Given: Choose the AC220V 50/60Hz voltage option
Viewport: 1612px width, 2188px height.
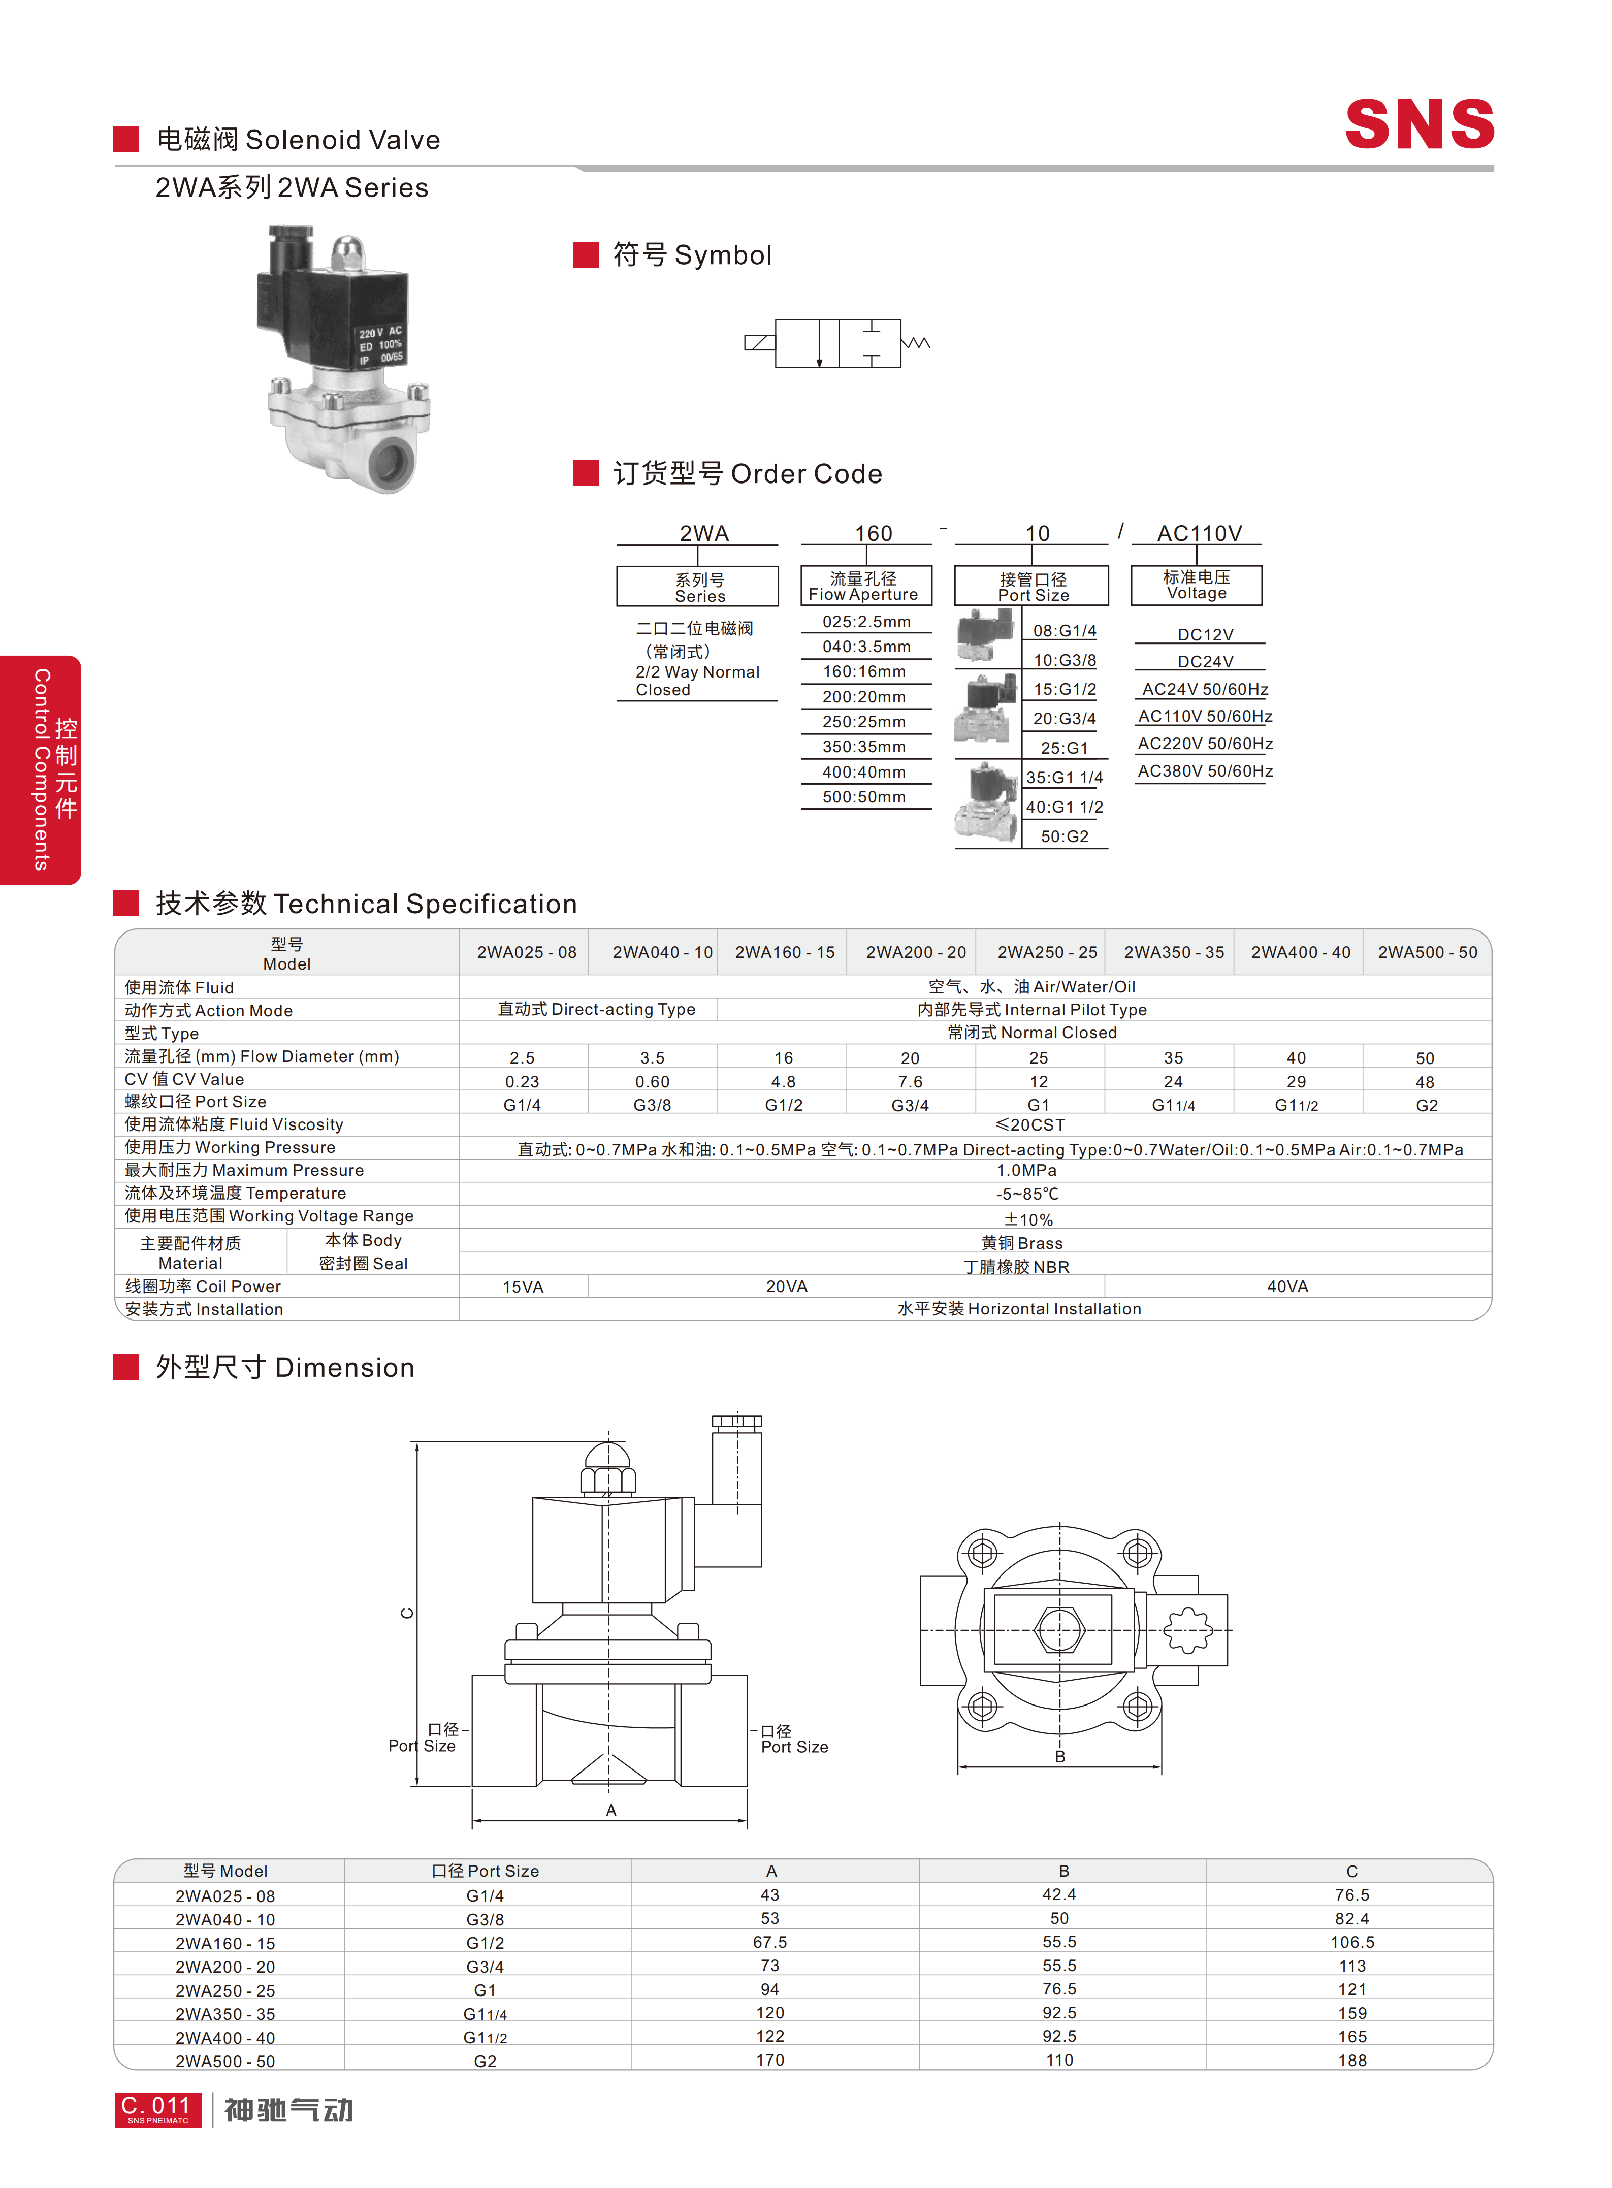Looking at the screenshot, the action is coord(1205,744).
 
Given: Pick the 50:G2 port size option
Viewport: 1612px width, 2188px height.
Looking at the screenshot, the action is coord(1065,836).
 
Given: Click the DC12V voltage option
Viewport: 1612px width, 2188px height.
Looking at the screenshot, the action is coord(1205,634).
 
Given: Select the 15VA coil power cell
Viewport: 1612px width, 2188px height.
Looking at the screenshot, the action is coord(523,1286).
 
